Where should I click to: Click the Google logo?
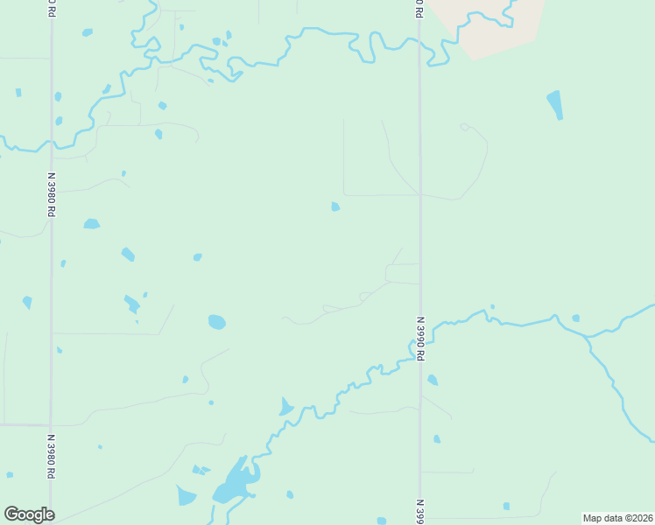tap(29, 514)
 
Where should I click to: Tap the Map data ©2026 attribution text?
tap(617, 518)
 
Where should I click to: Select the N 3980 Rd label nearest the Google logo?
tap(51, 456)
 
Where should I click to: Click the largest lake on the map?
tap(236, 482)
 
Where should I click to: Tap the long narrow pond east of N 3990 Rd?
tap(554, 104)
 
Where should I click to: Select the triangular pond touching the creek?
tap(286, 407)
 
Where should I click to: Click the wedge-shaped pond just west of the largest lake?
tap(186, 496)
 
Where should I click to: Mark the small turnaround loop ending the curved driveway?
tap(464, 127)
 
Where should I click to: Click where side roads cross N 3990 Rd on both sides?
tap(420, 194)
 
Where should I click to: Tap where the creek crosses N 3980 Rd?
tap(51, 144)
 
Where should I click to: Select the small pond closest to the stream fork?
tap(575, 318)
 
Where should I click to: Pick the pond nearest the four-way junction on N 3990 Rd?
tap(335, 206)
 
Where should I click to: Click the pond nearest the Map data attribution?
tap(506, 506)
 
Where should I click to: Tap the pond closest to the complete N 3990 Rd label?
tap(432, 380)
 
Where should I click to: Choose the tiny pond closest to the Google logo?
tap(10, 474)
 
